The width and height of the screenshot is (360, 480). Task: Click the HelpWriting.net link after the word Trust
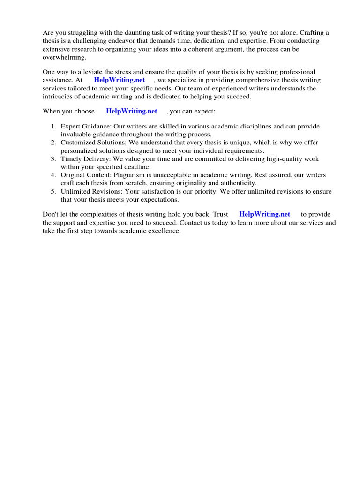coord(264,214)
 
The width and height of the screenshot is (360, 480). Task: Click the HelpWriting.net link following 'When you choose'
coord(131,111)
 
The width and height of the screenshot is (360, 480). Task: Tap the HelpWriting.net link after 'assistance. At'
coord(119,80)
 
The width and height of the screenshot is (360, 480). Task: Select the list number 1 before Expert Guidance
coord(53,127)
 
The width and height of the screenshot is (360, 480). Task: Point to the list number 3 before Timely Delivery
coord(53,159)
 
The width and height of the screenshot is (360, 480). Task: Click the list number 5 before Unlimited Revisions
coord(53,191)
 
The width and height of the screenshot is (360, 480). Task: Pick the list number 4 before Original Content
coord(53,175)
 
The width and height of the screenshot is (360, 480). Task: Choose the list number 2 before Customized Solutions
coord(53,142)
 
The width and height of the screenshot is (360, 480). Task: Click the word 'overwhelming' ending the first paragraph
coord(64,56)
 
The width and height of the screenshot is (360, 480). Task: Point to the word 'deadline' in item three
coord(136,167)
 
